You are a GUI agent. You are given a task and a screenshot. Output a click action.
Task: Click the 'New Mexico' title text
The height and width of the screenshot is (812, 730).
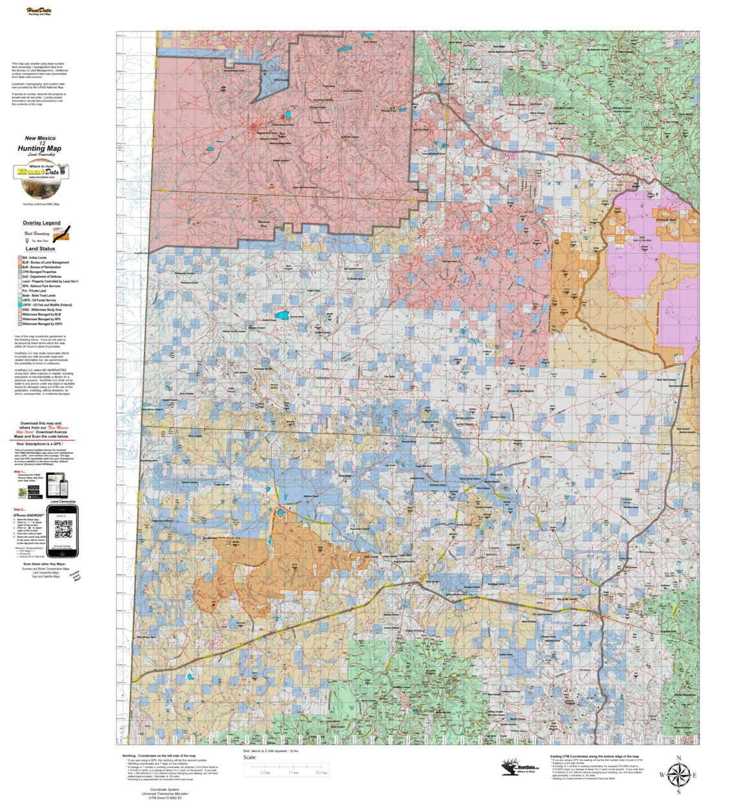[x=40, y=138]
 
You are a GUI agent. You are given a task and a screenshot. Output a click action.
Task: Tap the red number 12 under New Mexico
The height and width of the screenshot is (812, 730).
[x=42, y=143]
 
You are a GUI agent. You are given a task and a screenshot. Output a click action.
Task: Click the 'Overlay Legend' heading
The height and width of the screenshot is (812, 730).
[x=41, y=223]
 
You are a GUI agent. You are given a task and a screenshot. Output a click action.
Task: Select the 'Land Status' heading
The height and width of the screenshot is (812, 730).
[x=40, y=249]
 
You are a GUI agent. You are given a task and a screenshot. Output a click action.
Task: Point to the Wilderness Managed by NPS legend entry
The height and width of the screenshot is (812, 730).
[x=41, y=319]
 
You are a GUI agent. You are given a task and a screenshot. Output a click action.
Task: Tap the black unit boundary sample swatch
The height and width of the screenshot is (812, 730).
[x=61, y=231]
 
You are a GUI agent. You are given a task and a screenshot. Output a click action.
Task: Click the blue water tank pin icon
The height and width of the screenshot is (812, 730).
[x=26, y=240]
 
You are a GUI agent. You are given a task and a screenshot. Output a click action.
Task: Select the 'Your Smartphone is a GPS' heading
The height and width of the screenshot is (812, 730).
[x=43, y=444]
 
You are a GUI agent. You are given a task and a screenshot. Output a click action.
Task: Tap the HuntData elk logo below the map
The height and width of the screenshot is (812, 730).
[x=518, y=766]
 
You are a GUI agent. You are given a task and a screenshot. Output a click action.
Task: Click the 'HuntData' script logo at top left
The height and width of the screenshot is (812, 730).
[x=40, y=10]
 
